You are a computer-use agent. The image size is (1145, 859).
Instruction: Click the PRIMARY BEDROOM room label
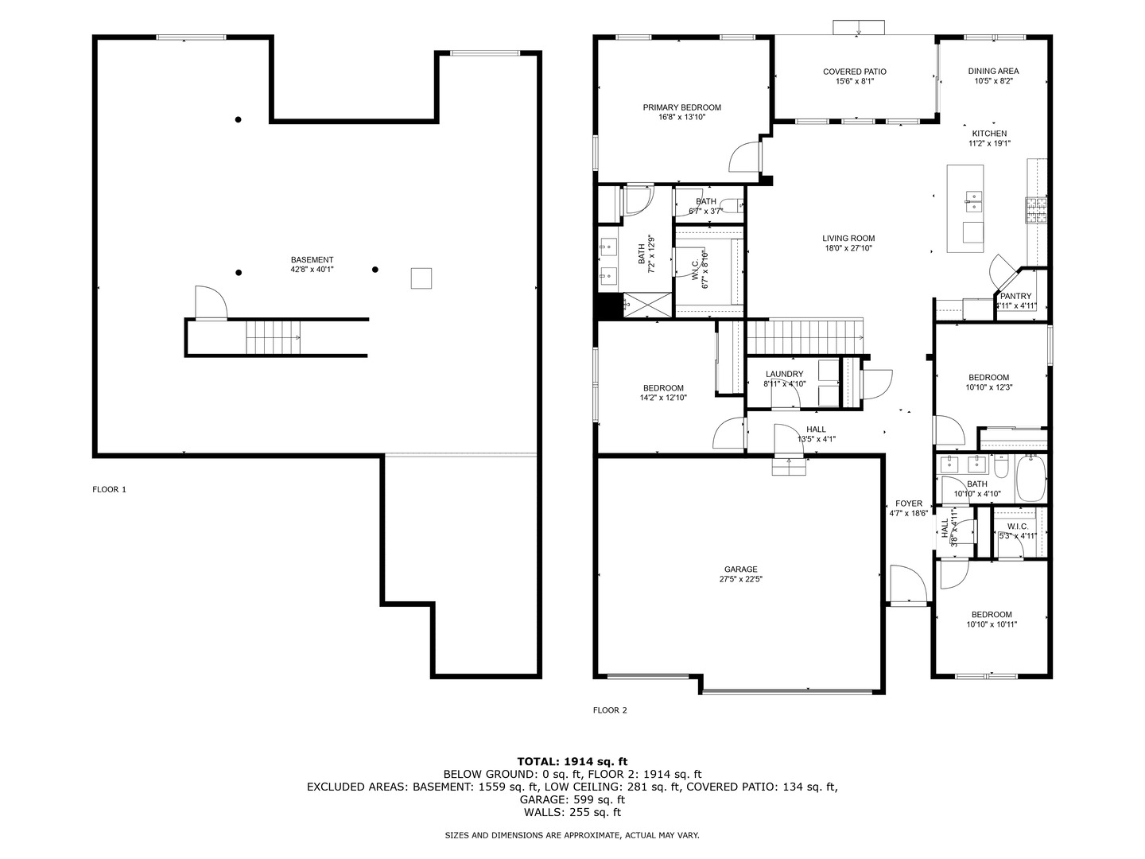pyautogui.click(x=681, y=107)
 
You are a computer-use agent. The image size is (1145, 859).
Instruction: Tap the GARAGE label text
pyautogui.click(x=740, y=569)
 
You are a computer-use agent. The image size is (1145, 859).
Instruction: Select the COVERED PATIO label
pyautogui.click(x=854, y=72)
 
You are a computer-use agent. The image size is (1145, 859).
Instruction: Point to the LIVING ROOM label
pyautogui.click(x=848, y=239)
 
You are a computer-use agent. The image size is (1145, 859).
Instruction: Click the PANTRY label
pyautogui.click(x=1015, y=296)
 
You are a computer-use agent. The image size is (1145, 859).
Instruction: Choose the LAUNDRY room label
pyautogui.click(x=784, y=374)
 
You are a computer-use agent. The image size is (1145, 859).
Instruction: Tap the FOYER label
pyautogui.click(x=908, y=503)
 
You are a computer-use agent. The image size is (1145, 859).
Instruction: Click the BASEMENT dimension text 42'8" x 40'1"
pyautogui.click(x=312, y=270)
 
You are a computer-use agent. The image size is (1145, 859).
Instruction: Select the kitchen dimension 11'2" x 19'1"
pyautogui.click(x=989, y=143)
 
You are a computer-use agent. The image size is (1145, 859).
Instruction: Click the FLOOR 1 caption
pyautogui.click(x=109, y=489)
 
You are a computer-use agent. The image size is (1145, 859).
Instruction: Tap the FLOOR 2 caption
pyautogui.click(x=609, y=709)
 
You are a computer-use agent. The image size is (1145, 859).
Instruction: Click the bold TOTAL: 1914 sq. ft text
pyautogui.click(x=572, y=761)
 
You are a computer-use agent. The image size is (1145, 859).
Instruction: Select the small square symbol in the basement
pyautogui.click(x=421, y=278)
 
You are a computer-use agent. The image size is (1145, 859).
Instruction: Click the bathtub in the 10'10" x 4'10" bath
pyautogui.click(x=1030, y=478)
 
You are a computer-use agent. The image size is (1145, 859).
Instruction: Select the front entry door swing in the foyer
pyautogui.click(x=908, y=585)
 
